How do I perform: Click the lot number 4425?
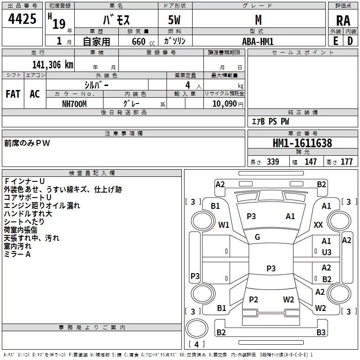tap(22, 19)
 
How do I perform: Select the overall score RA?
tap(343, 20)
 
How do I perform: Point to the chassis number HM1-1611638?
tap(302, 143)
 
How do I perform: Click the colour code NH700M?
tap(74, 103)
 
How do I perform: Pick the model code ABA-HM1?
tap(257, 41)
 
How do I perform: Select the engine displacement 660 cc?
tap(138, 41)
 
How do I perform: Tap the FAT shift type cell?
tap(13, 94)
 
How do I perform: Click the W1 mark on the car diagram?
tap(224, 225)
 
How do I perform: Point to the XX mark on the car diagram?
tap(319, 225)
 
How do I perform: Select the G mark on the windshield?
tap(257, 237)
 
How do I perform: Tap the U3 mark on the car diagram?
tap(327, 252)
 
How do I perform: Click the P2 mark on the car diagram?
tap(253, 300)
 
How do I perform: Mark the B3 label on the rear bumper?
tap(321, 333)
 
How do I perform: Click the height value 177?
tap(346, 162)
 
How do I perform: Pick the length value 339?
tap(273, 162)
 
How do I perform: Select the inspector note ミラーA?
tap(17, 254)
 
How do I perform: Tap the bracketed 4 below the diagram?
tap(196, 344)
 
